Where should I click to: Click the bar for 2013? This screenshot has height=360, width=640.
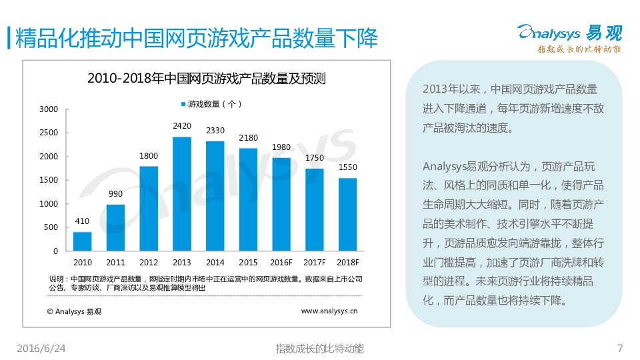coord(182,194)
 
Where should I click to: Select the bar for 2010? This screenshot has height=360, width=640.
coord(83,241)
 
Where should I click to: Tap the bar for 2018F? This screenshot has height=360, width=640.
coord(347,215)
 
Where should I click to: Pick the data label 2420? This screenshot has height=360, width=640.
coord(182,126)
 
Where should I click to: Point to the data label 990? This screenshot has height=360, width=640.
coord(115,194)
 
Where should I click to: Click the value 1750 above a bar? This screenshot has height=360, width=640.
coord(314,158)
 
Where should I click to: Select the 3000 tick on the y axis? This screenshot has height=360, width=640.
coord(49,109)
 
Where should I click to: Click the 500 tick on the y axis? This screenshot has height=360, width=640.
coord(51,228)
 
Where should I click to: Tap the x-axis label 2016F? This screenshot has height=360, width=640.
coord(281,263)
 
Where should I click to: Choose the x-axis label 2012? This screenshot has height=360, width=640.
coord(149,263)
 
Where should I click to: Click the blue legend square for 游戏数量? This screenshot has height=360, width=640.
coord(183,104)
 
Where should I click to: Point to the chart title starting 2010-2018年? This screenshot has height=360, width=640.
coord(207,78)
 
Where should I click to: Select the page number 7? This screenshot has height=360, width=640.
coord(620,348)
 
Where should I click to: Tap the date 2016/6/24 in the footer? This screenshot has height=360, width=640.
coord(41,348)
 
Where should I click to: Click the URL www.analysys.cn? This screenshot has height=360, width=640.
coord(329,311)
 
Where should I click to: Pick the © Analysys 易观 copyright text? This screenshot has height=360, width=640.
coord(75,311)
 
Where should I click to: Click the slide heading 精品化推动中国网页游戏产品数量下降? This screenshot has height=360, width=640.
coord(196,38)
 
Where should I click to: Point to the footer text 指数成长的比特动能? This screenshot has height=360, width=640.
coord(319,348)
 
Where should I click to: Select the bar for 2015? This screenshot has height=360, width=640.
coord(248,199)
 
